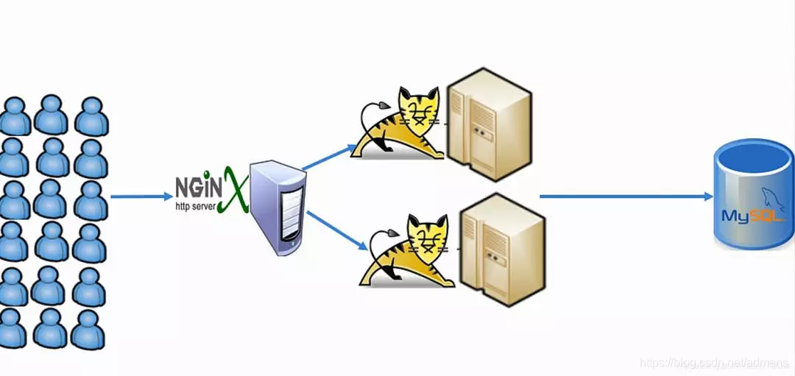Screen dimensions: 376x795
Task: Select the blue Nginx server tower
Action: click(278, 209)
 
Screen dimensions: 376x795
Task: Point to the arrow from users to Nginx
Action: click(141, 196)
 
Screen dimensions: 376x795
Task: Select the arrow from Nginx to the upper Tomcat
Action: click(328, 156)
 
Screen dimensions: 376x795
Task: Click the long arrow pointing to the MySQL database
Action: click(626, 196)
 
